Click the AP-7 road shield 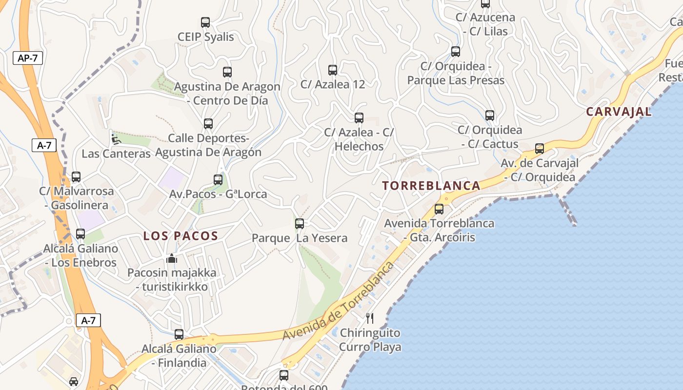28,58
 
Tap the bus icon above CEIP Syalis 205,22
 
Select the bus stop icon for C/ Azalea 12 333,70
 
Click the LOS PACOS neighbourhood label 181,236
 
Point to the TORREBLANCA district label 431,186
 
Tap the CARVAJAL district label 619,112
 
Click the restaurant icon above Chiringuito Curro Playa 370,318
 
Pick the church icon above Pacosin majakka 171,258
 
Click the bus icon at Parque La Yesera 300,224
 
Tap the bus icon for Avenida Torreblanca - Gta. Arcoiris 439,209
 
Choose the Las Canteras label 116,154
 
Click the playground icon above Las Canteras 116,139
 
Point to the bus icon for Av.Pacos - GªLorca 218,180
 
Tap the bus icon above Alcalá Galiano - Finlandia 179,334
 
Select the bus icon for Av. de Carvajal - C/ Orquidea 540,149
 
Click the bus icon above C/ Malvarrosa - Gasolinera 76,177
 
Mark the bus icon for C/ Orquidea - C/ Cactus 490,116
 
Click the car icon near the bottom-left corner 74,381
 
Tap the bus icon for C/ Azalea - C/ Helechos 359,118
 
